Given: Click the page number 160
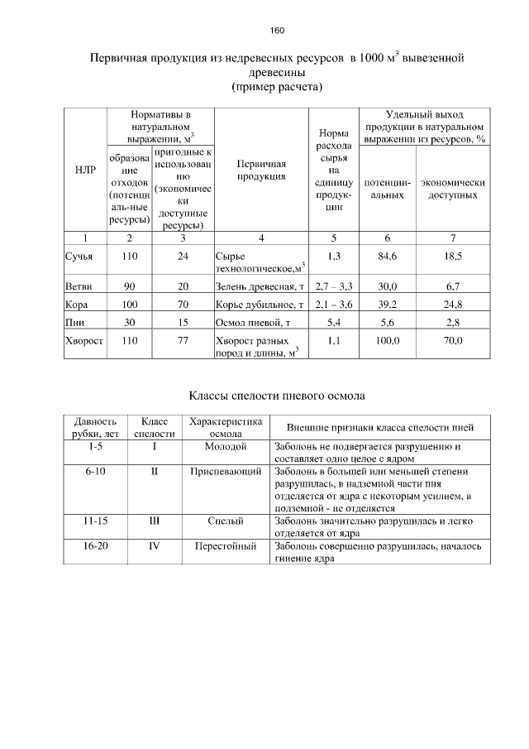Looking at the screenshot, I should click(x=277, y=31).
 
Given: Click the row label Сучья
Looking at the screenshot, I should click(x=79, y=257).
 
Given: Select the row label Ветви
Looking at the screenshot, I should click(x=79, y=286).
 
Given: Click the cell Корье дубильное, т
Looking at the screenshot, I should click(x=260, y=305).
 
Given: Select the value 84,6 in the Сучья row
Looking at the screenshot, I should click(x=388, y=257).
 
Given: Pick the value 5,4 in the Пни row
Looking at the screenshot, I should click(x=335, y=322).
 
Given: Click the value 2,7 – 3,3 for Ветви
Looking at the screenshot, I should click(x=335, y=286).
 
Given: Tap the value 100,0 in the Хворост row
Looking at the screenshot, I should click(x=388, y=340).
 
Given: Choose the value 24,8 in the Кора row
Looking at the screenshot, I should click(x=452, y=305).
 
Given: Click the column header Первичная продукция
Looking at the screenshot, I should click(x=260, y=170).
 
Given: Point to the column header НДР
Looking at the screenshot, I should click(x=83, y=170).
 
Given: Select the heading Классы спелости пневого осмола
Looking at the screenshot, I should click(x=273, y=396).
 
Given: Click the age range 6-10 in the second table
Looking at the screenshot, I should click(x=95, y=472).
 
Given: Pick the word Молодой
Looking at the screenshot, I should click(x=226, y=446).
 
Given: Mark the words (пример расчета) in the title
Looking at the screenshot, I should click(x=277, y=86).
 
